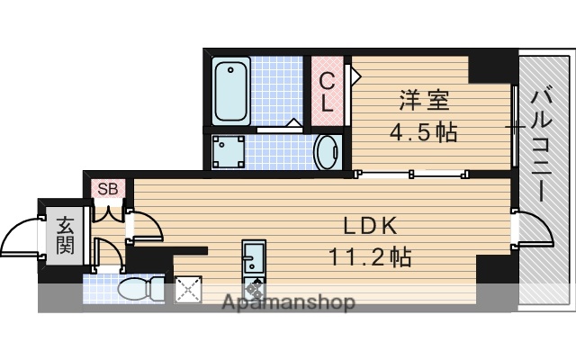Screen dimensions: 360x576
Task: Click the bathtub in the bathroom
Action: pyautogui.click(x=233, y=91)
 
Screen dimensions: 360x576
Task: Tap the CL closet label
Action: pyautogui.click(x=328, y=93)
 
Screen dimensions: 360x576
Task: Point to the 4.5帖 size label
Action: pyautogui.click(x=422, y=132)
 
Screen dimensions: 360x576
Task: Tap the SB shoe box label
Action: pyautogui.click(x=108, y=189)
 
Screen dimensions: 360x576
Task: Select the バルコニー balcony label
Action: pyautogui.click(x=542, y=144)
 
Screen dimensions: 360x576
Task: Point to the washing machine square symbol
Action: pyautogui.click(x=228, y=151)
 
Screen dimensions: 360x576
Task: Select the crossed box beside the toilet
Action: pyautogui.click(x=187, y=290)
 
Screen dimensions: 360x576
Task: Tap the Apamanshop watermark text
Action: pyautogui.click(x=288, y=302)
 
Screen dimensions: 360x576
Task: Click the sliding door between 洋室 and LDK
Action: pyautogui.click(x=409, y=173)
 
